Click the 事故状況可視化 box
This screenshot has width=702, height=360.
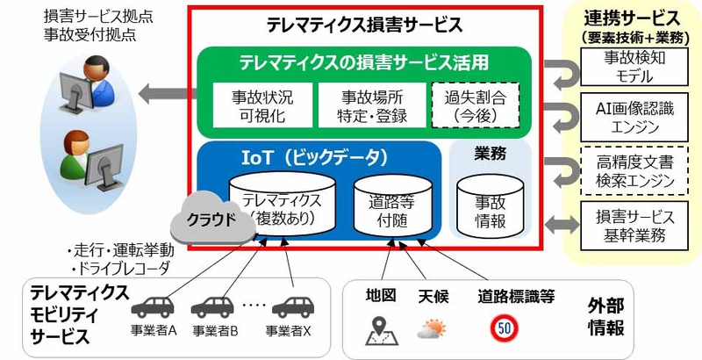click(x=262, y=104)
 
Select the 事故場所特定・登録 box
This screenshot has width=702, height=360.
click(x=372, y=104)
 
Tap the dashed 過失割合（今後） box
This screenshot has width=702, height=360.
click(x=475, y=104)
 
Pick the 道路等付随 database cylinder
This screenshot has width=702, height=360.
click(x=392, y=205)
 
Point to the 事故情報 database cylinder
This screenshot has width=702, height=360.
click(x=490, y=205)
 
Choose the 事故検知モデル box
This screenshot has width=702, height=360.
click(x=634, y=67)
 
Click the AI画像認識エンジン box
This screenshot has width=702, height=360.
click(x=634, y=118)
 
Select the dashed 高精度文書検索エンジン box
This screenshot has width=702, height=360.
click(x=634, y=170)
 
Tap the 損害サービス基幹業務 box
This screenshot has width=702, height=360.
click(x=634, y=226)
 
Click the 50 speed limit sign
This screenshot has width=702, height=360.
click(x=505, y=328)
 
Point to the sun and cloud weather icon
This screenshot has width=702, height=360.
click(x=432, y=329)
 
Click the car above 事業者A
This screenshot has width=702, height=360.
click(x=153, y=307)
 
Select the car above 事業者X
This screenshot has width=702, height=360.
click(x=293, y=307)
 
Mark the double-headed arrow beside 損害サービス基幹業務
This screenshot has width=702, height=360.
click(x=562, y=225)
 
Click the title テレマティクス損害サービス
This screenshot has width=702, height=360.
click(x=365, y=25)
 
